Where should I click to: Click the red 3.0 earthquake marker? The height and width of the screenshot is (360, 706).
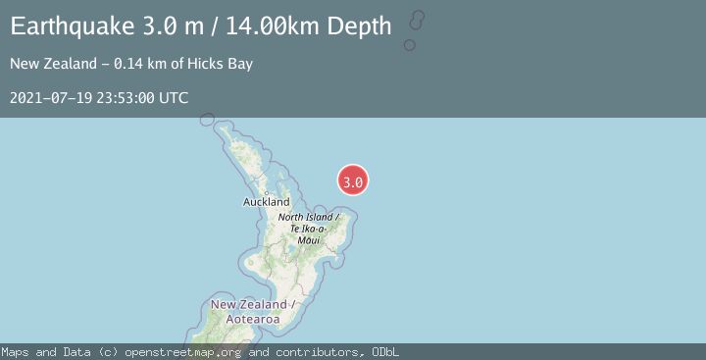(x=353, y=180)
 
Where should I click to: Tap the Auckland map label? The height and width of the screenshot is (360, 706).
(x=267, y=202)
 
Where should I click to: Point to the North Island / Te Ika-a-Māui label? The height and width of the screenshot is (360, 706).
(x=308, y=228)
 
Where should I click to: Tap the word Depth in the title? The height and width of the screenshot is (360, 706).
(x=359, y=26)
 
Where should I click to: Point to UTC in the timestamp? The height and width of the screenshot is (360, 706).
(x=174, y=98)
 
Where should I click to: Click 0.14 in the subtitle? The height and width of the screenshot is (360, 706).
(x=129, y=65)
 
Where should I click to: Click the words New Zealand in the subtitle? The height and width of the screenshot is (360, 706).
(x=49, y=65)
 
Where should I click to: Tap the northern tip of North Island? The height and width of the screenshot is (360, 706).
(x=207, y=120)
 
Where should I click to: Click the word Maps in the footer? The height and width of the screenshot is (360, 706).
(x=16, y=352)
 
